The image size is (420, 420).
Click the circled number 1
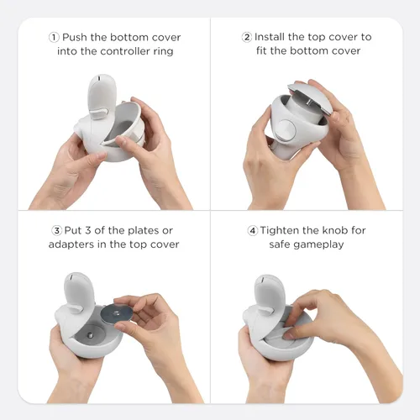[x=55, y=37]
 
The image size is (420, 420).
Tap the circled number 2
[x=247, y=37]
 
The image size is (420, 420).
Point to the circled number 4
[x=251, y=231]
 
